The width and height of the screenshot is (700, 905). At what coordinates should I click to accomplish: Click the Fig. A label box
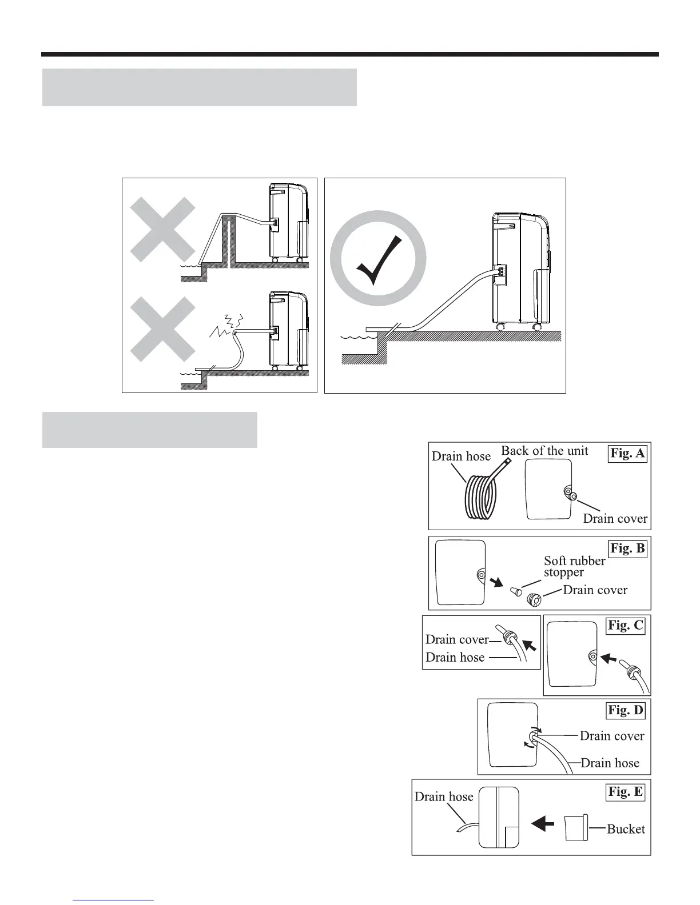(x=627, y=454)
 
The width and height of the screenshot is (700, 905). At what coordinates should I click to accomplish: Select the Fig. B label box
(x=627, y=548)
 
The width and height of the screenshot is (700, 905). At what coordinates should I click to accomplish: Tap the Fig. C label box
(x=625, y=625)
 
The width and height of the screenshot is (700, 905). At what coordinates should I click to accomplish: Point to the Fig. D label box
(x=625, y=710)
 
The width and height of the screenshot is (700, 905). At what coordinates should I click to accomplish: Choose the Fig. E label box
(x=625, y=792)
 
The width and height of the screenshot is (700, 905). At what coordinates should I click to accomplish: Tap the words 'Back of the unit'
(x=544, y=450)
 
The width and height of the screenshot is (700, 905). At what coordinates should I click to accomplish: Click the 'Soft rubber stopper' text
(x=574, y=566)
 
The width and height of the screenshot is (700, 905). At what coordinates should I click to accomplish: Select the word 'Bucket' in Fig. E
(x=626, y=829)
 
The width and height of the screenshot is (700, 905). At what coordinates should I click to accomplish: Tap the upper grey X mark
(x=163, y=229)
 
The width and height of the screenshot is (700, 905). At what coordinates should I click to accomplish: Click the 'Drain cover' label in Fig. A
(x=615, y=518)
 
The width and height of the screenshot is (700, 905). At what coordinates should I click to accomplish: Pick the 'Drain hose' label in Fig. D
(x=610, y=763)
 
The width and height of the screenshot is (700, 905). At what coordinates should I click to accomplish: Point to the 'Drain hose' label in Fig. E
(x=444, y=796)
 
